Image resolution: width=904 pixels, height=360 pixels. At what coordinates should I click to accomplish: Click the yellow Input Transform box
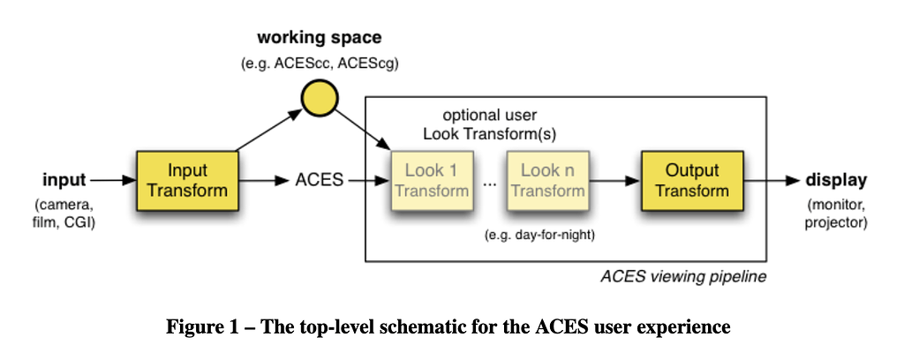point(186,180)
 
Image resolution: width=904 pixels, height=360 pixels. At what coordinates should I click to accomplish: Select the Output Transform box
point(692,180)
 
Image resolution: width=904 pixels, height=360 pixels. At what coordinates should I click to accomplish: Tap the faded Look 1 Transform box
point(431,180)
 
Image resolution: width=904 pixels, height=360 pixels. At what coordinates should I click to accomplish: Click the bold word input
point(65,181)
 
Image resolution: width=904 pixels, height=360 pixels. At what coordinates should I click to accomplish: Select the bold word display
point(836,181)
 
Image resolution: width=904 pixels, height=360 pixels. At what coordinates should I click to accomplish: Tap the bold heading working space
point(320,38)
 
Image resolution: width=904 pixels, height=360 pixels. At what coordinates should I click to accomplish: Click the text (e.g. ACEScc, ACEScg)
point(320,64)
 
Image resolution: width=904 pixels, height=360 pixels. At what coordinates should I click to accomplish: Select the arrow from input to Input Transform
point(112,181)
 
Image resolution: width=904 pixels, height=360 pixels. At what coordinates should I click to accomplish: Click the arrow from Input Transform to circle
point(268,127)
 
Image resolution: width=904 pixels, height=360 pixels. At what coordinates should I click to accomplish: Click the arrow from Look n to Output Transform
point(615,181)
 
